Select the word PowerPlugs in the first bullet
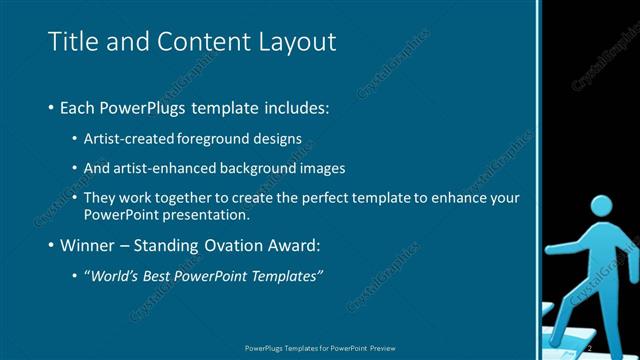coord(138,106)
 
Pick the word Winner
coord(88,245)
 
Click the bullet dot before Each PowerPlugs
coord(51,107)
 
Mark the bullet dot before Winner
coord(51,246)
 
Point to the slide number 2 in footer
coord(589,348)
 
